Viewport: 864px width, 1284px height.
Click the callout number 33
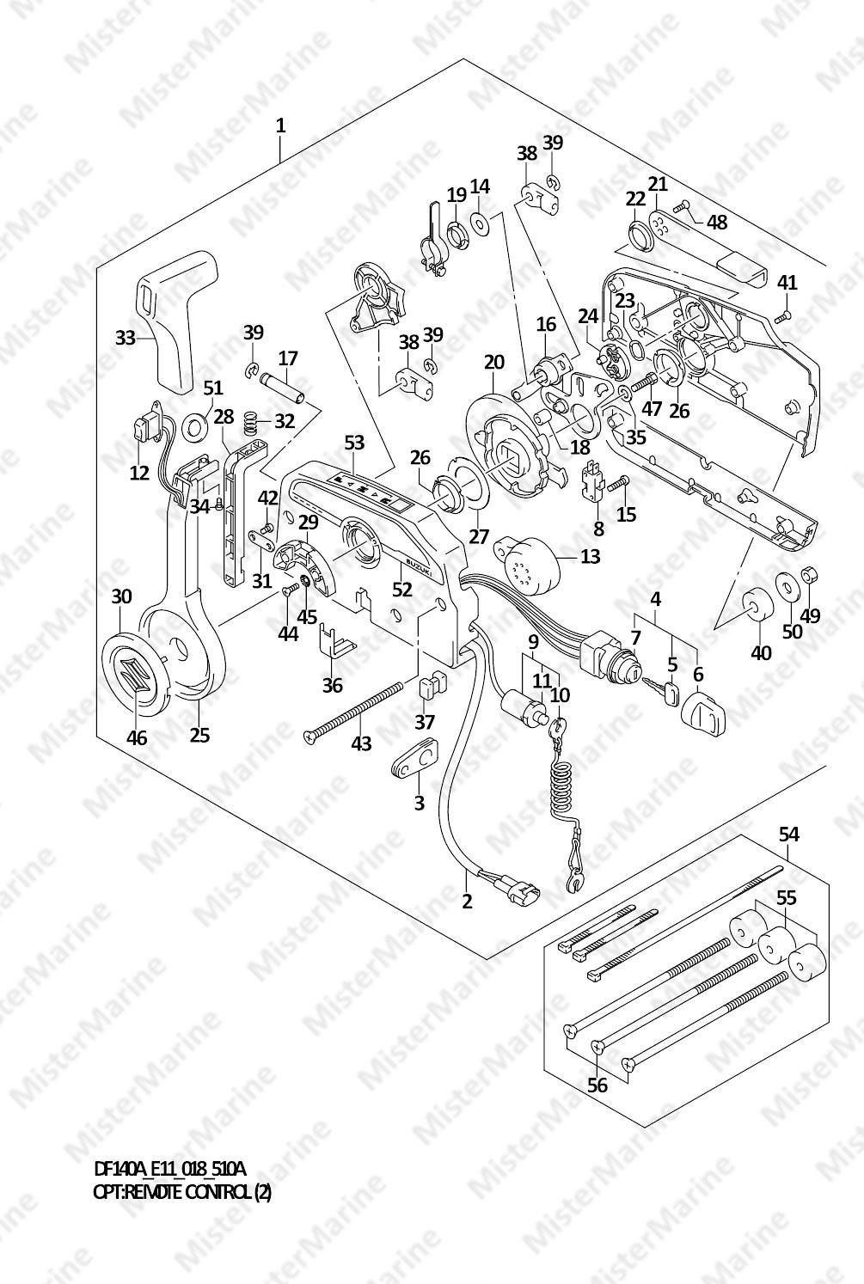pyautogui.click(x=125, y=338)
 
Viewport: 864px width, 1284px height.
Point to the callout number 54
pyautogui.click(x=789, y=835)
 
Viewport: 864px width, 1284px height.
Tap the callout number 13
pyautogui.click(x=590, y=555)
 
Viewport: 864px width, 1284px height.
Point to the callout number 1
pyautogui.click(x=279, y=125)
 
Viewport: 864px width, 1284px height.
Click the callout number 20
pyautogui.click(x=493, y=362)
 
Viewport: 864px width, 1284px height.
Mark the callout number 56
pyautogui.click(x=597, y=1085)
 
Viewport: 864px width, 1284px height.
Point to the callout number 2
pyautogui.click(x=468, y=901)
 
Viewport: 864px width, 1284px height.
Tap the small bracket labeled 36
pyautogui.click(x=335, y=642)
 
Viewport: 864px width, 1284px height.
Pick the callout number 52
pyautogui.click(x=401, y=589)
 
